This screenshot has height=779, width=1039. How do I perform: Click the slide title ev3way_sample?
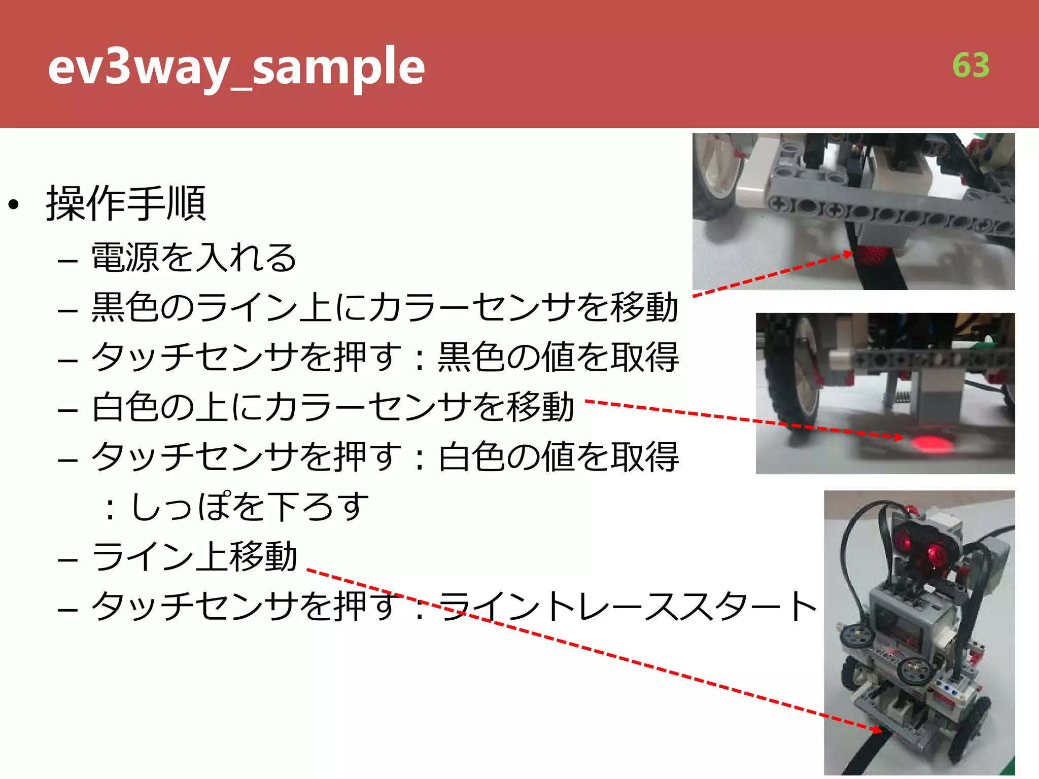pos(236,67)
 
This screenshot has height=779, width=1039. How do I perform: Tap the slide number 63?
pos(971,65)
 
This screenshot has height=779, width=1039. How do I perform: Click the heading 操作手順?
pos(126,204)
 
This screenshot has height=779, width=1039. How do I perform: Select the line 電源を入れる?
pos(193,257)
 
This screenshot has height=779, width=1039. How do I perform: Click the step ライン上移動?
pos(194,556)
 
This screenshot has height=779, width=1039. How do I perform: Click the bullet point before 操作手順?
pos(14,205)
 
